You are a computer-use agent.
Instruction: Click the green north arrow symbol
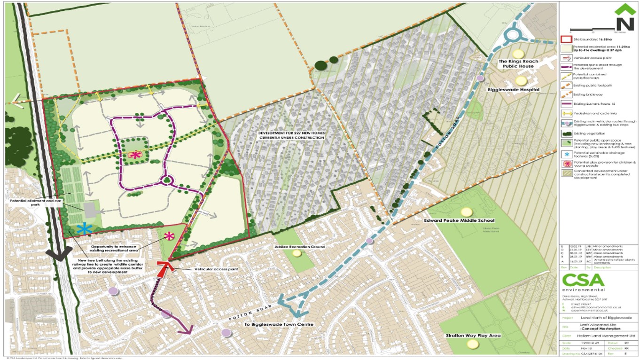[x=624, y=17]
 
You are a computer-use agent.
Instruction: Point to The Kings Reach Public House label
[x=518, y=64]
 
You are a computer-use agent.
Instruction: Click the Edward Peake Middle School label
[x=459, y=220]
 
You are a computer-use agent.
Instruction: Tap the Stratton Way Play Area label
[x=473, y=336]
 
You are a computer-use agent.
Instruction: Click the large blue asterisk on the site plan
[x=85, y=229]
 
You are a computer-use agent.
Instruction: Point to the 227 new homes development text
[x=291, y=135]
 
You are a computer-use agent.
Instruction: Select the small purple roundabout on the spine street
[x=166, y=180]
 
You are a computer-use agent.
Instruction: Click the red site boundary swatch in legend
[x=567, y=39]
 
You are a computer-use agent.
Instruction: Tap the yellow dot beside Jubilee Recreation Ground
[x=297, y=253]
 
